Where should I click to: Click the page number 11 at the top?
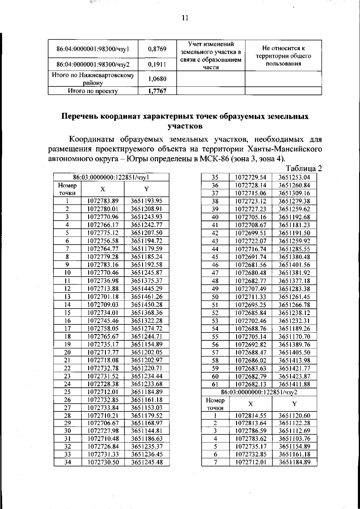pos(185,18)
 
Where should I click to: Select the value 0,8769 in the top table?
pos(157,49)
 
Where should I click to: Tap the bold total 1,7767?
pos(157,91)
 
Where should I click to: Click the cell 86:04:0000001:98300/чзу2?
pos(93,64)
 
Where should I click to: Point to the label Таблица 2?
pos(304,168)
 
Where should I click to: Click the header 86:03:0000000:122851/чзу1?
pos(111,177)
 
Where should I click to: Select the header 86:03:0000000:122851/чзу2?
pos(259,392)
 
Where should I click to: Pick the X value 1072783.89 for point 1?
pos(103,201)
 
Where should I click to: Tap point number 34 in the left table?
pos(67,462)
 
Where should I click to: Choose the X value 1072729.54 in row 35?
pos(250,177)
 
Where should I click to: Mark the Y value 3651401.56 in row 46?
pos(294,265)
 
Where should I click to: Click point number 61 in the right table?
pos(215,384)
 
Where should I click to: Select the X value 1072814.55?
pos(250,415)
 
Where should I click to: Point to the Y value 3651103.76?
pos(294,439)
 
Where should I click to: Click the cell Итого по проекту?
pos(93,91)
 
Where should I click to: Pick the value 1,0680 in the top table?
pos(157,79)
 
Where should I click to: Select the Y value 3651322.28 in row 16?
pos(147,321)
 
